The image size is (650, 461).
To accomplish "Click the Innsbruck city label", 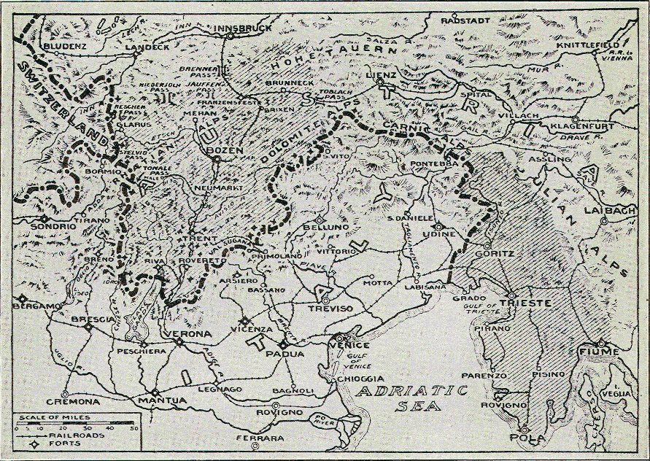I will [x=243, y=28].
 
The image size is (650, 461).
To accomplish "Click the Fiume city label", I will [x=600, y=352].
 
